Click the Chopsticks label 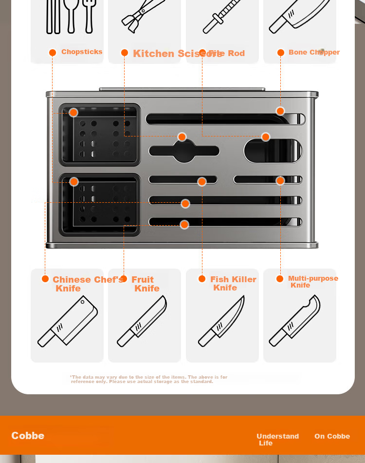point(82,52)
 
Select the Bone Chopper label point(314,52)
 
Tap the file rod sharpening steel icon point(222,17)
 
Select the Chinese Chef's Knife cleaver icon point(68,322)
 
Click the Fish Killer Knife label point(233,283)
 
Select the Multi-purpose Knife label point(312,282)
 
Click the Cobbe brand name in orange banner point(28,436)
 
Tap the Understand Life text point(277,439)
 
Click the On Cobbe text point(332,436)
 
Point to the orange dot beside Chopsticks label point(53,53)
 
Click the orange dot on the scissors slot point(182,137)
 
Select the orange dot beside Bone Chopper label point(281,53)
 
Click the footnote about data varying point(148,379)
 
